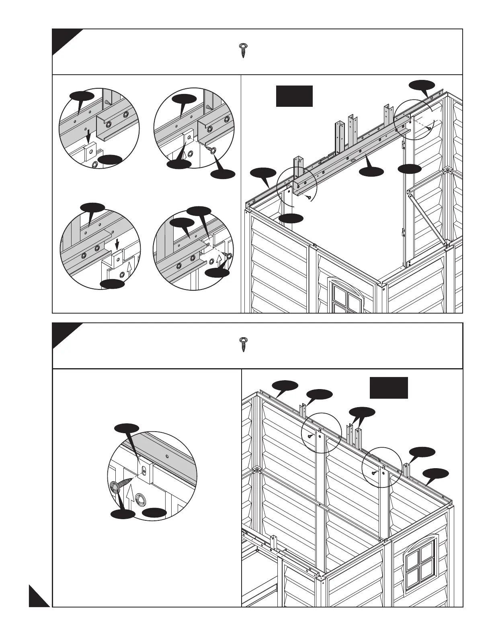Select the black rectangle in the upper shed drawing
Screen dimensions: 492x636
tap(294, 96)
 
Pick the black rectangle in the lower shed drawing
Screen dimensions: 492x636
tap(389, 387)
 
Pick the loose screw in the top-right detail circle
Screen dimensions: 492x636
tap(210, 151)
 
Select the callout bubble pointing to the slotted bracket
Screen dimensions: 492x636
tap(127, 428)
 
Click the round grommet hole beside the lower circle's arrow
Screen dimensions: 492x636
tap(140, 501)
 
